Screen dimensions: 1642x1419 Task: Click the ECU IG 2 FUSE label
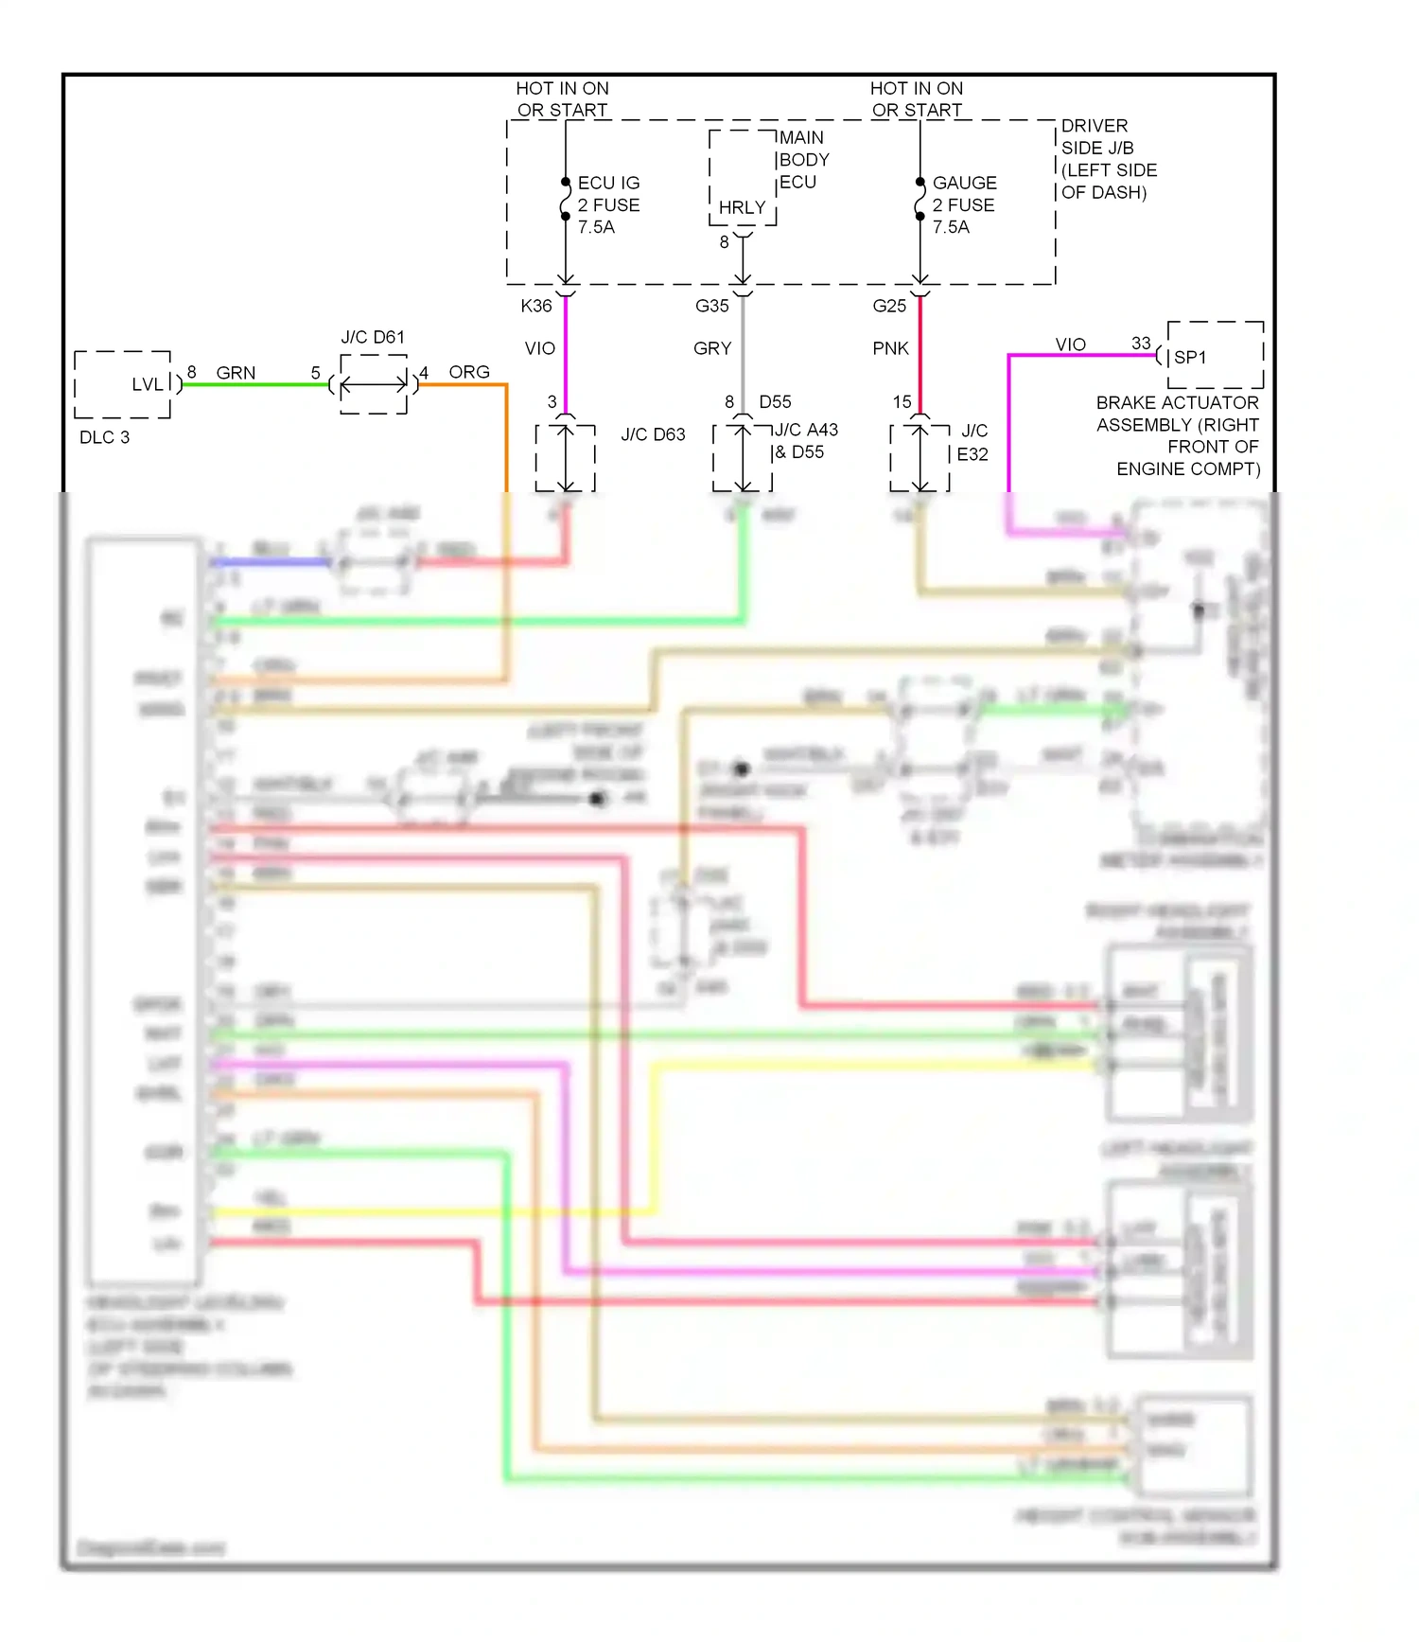(x=608, y=204)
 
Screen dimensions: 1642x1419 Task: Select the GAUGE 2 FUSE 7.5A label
(x=963, y=204)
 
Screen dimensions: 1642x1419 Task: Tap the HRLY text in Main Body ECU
(x=742, y=207)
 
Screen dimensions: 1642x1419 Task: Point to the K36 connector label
(x=535, y=306)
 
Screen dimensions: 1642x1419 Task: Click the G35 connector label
(x=711, y=306)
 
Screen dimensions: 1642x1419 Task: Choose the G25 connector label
(x=889, y=306)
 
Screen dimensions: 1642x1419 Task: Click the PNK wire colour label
(x=890, y=348)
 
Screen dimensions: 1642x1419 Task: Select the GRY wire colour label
(x=712, y=348)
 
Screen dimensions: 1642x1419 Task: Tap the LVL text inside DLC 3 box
(x=147, y=384)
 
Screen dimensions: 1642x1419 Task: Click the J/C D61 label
(x=373, y=337)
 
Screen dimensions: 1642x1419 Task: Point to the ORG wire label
(x=469, y=372)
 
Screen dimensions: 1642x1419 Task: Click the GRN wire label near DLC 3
(x=236, y=373)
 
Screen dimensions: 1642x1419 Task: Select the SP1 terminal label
(x=1190, y=357)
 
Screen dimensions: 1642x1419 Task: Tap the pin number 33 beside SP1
(x=1141, y=343)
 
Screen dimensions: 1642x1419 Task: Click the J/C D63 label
(x=653, y=434)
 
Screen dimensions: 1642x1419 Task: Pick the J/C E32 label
(x=972, y=443)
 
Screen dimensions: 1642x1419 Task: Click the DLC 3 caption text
(x=104, y=437)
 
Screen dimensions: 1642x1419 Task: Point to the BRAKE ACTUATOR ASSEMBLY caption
(x=1178, y=435)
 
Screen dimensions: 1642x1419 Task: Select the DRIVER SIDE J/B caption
(x=1108, y=159)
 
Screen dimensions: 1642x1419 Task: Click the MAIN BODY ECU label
(x=803, y=159)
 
